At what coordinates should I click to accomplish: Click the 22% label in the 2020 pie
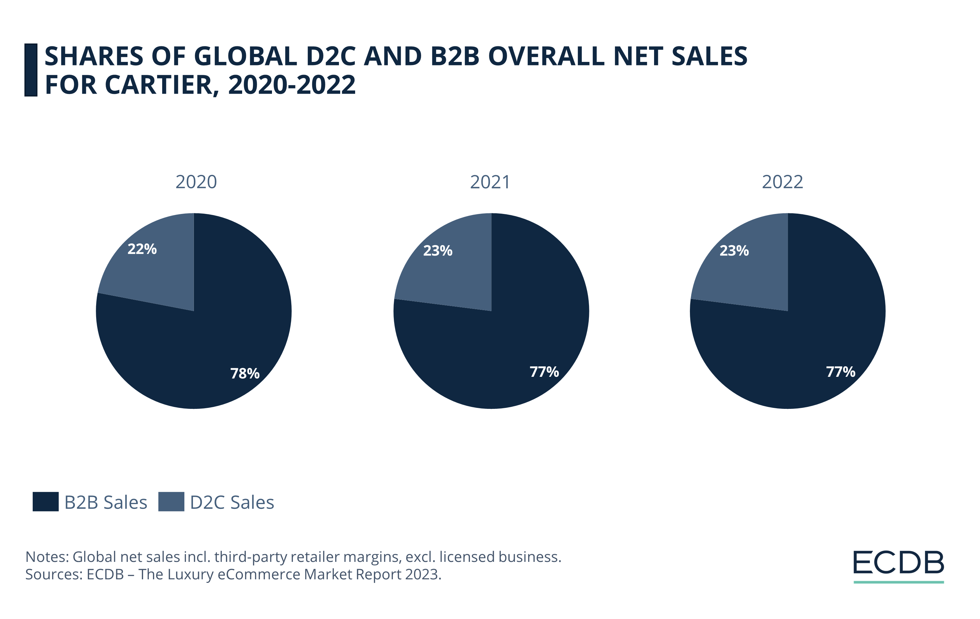pos(142,249)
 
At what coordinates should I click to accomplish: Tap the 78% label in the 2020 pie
pos(245,373)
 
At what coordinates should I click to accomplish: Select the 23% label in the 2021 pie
pos(438,251)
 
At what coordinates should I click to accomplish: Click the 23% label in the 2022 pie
pos(734,251)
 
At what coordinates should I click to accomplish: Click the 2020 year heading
pos(196,182)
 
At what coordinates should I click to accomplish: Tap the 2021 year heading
pos(490,182)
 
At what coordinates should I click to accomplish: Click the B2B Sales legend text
pos(105,502)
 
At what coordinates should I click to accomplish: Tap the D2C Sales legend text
pos(232,502)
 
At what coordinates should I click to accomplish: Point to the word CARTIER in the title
pos(159,85)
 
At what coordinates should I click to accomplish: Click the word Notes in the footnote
pos(46,557)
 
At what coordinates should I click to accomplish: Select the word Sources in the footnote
pos(53,574)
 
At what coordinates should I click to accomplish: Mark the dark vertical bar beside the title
pos(31,70)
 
